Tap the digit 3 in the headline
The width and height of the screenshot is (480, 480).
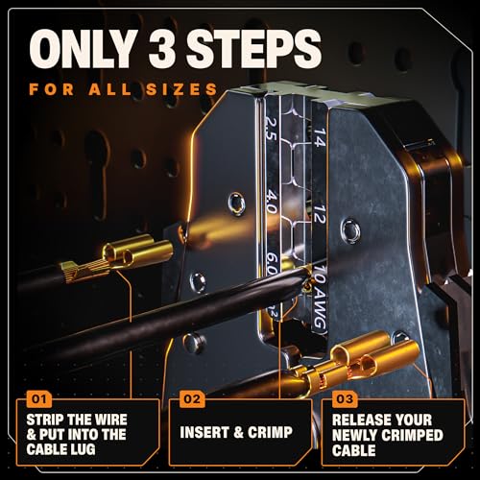click(163, 48)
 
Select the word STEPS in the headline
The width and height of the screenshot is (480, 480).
click(253, 48)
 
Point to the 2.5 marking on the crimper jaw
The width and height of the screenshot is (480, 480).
click(271, 128)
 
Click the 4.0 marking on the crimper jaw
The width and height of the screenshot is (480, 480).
click(272, 202)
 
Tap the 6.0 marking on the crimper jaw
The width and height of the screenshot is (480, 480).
click(272, 264)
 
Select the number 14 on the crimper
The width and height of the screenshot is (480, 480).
click(320, 137)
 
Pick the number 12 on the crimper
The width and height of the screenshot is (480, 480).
click(320, 213)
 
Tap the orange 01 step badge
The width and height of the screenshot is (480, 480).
click(39, 399)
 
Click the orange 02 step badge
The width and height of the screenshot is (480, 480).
click(192, 399)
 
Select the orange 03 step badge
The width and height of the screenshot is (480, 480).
click(345, 399)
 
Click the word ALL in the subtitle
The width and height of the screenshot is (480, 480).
click(110, 89)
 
